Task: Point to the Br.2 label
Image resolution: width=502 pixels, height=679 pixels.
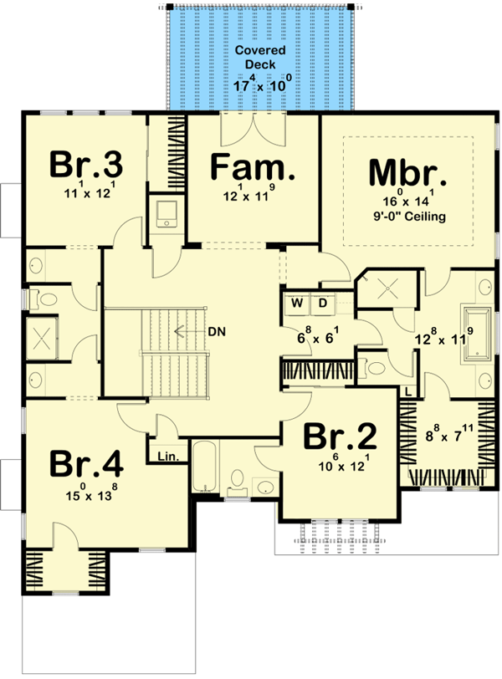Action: [x=339, y=436]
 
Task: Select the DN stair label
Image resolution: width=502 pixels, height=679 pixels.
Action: [x=216, y=330]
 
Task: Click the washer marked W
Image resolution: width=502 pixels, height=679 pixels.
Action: [x=297, y=301]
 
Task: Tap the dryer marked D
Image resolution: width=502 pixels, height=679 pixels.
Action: [x=321, y=301]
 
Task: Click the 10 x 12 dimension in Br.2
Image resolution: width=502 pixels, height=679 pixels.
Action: [x=338, y=465]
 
